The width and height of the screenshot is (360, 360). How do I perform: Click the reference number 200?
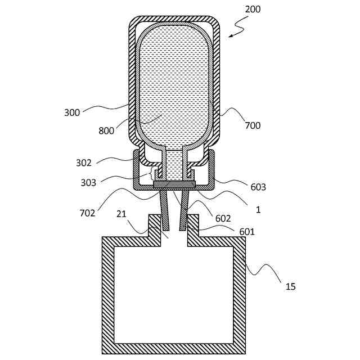coord(253,9)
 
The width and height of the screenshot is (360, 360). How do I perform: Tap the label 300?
coord(72,112)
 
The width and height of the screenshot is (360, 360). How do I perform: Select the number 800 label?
coord(106,130)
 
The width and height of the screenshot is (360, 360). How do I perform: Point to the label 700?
coord(253,125)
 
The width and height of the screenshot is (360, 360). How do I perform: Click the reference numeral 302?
coord(84,164)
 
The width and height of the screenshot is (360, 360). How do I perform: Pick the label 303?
coord(88,182)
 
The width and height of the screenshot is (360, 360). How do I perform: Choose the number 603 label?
coord(259,187)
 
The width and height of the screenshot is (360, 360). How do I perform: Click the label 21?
coord(121,214)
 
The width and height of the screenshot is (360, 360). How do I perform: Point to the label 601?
coord(247,231)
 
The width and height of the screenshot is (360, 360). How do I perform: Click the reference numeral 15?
coord(290,286)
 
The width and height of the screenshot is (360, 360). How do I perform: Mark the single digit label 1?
coord(258,209)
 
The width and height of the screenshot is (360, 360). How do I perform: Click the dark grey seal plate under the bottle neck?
coord(174,184)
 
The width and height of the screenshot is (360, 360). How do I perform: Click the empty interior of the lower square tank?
coord(173,292)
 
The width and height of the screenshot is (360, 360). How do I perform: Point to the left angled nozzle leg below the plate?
coord(164,211)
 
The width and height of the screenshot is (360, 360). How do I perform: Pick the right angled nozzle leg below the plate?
coord(184,211)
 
